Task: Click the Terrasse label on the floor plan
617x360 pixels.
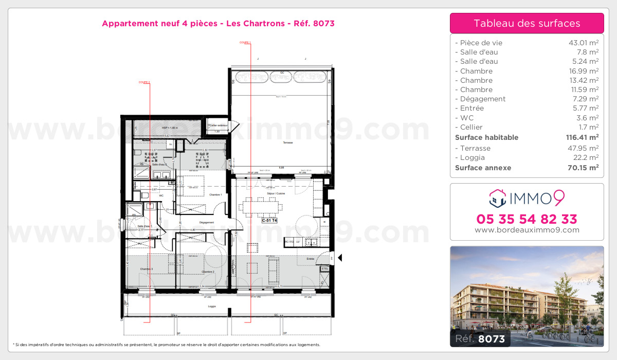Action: tap(287, 142)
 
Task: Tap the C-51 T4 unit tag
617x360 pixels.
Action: tap(270, 220)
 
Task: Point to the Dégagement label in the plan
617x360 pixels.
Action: tap(192, 223)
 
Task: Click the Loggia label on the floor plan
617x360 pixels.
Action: tap(211, 307)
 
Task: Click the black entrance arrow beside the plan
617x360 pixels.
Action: tap(339, 258)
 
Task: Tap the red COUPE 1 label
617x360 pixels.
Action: tap(245, 43)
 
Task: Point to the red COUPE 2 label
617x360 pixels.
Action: tap(144, 82)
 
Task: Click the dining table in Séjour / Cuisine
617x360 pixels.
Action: tap(264, 207)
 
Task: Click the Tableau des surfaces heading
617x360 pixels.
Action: tap(527, 23)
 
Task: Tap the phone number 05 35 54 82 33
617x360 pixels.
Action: tap(527, 219)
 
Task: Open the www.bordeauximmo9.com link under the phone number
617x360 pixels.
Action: tap(527, 230)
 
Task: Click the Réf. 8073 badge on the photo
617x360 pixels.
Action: tap(480, 338)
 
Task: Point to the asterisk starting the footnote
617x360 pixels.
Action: tap(14, 345)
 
